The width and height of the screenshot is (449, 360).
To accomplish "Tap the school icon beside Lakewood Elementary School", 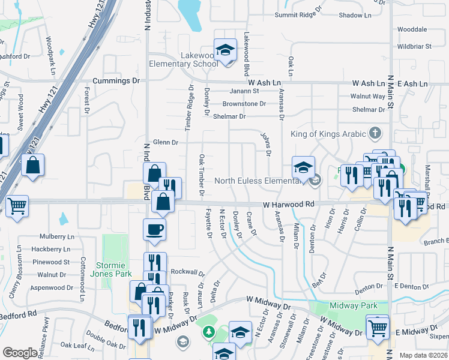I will coord(225,50).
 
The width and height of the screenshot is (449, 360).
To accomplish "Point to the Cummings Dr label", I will coord(116,80).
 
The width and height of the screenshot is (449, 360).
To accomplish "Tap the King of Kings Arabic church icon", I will coord(375,132).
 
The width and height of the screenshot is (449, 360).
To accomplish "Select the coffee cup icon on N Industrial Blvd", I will coord(155,229).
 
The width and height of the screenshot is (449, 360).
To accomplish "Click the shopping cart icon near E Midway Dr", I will coord(378,328).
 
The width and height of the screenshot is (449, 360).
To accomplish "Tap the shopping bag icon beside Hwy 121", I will coord(33,165).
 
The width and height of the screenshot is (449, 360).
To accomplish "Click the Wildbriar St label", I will coord(414,46).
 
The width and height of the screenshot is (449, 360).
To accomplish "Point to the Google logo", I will coord(19,353).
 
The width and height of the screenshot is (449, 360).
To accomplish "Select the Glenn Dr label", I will coord(166,142).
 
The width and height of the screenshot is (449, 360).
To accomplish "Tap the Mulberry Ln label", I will coord(56,237).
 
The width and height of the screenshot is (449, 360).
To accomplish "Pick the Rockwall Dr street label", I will coord(185,272).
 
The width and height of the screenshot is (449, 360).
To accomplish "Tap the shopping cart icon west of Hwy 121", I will coord(17,206).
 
